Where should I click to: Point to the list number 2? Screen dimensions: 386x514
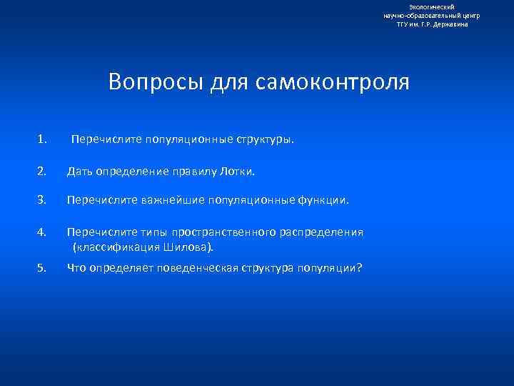point(43,171)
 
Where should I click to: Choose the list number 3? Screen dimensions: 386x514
point(43,201)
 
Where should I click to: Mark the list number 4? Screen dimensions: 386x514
point(43,232)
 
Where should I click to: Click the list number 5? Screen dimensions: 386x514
point(43,268)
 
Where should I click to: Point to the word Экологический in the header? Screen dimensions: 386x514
point(433,6)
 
